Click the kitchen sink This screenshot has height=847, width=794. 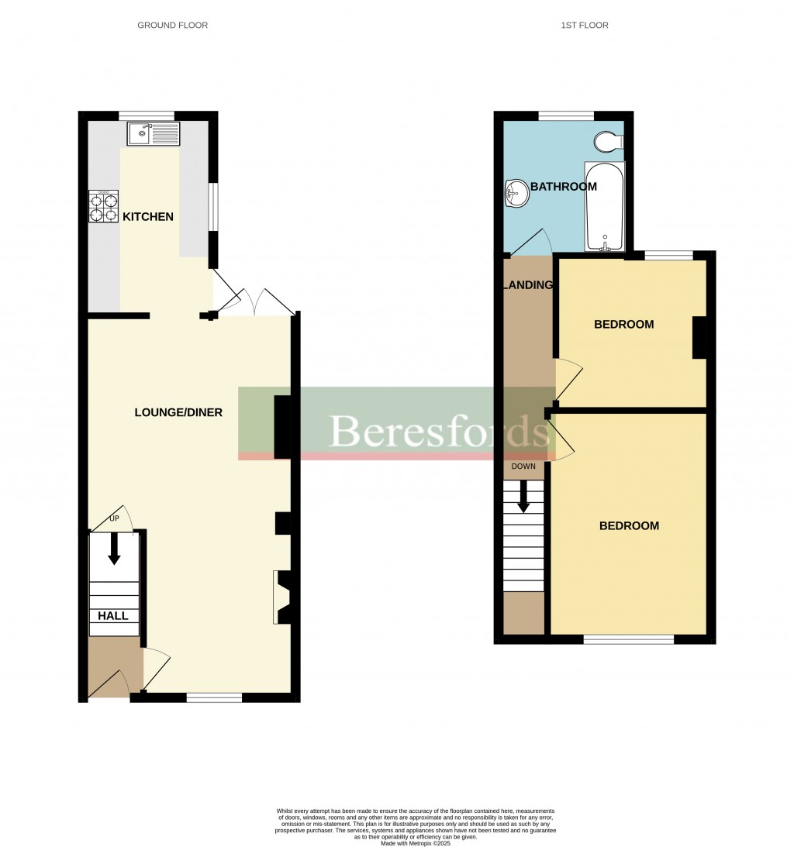coord(154,134)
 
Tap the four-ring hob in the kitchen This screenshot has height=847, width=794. coord(103,208)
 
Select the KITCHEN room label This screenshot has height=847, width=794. coord(148,217)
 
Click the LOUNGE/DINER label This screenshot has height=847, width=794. coord(178,412)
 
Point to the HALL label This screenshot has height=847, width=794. coord(113,616)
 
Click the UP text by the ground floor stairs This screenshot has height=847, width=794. coord(113,518)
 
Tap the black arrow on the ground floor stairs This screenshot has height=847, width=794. coord(114,548)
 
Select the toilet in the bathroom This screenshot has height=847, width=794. coord(607,142)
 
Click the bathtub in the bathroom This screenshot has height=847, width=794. coord(604,207)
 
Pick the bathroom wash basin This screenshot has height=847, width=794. coord(516,191)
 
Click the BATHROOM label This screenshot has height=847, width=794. coord(564,187)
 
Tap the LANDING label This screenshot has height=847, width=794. coord(528,285)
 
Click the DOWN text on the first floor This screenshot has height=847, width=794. coord(523,467)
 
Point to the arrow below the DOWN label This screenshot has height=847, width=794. coord(523,496)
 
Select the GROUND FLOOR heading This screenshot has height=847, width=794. coord(172,26)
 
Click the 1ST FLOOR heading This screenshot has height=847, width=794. coord(585,26)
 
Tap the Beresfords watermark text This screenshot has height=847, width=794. coord(439,432)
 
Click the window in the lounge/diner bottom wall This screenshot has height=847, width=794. coord(214,697)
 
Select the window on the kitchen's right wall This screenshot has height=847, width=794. coord(213,207)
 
